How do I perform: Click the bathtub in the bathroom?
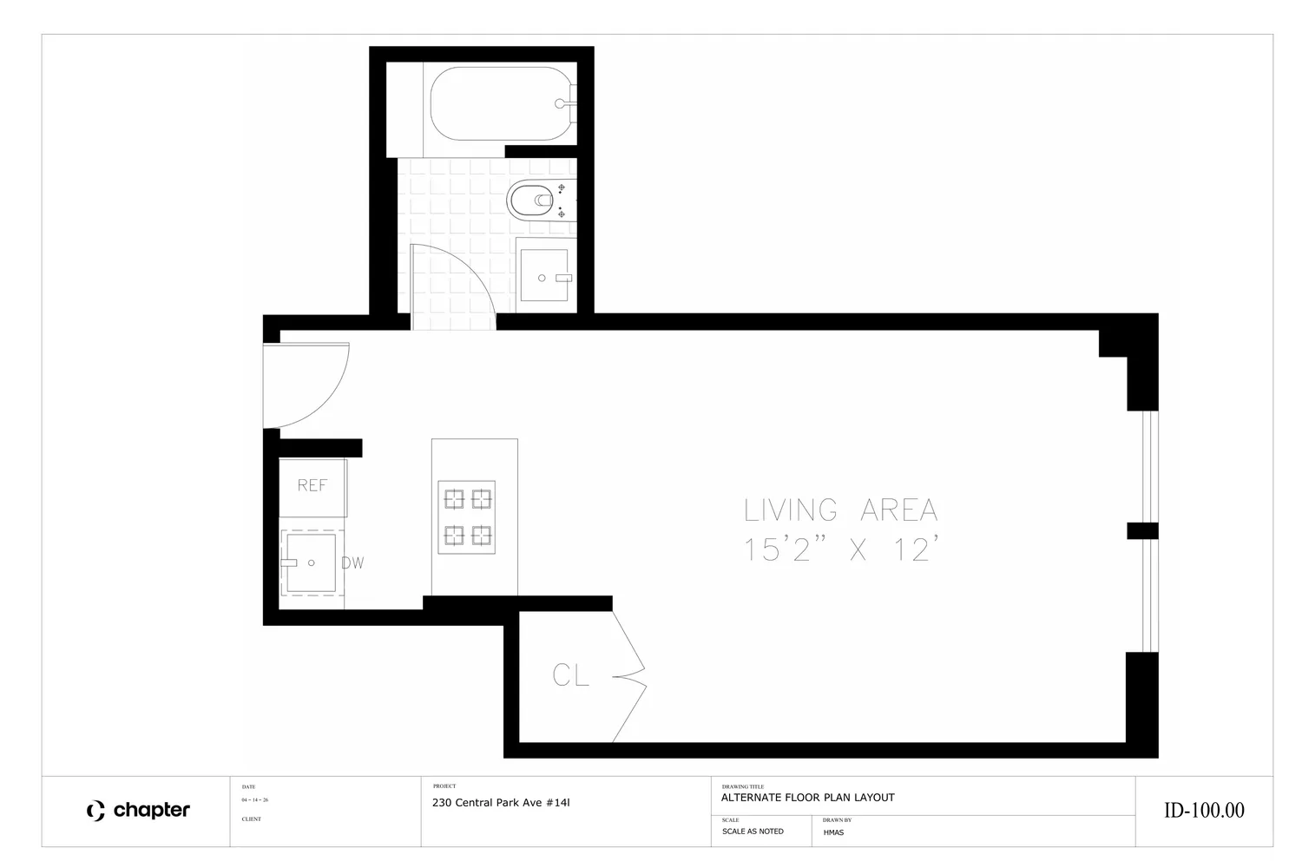click(500, 103)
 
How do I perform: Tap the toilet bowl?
click(530, 200)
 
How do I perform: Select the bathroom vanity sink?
click(544, 275)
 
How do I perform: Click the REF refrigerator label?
click(312, 485)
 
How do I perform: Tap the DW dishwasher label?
click(352, 562)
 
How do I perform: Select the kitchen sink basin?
click(311, 562)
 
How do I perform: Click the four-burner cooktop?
click(467, 516)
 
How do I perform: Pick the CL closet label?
click(570, 675)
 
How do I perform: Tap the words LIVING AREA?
click(840, 510)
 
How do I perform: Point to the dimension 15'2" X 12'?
click(840, 549)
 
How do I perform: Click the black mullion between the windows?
click(1143, 531)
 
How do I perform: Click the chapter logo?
click(138, 811)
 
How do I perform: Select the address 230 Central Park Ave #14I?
click(501, 803)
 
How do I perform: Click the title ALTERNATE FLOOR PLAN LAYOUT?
click(808, 798)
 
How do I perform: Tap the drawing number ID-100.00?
click(1204, 811)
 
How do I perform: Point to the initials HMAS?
click(833, 832)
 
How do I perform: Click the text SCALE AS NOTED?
click(753, 832)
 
